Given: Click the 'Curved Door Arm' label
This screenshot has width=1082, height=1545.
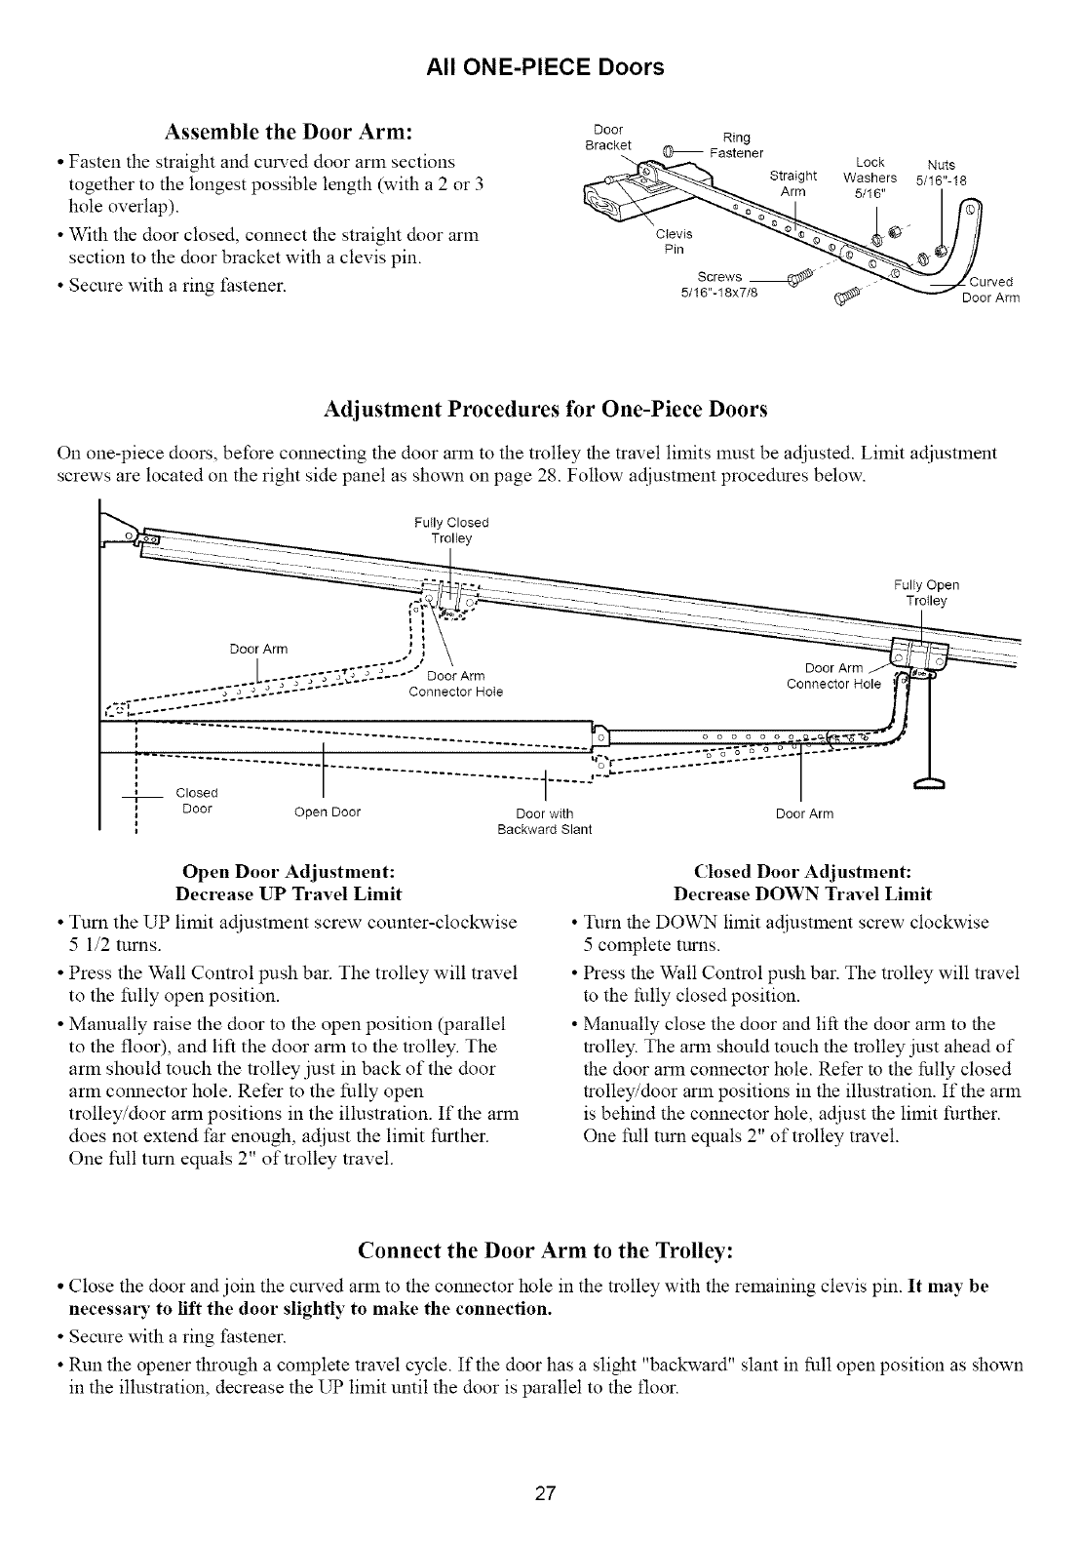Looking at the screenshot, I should tap(989, 292).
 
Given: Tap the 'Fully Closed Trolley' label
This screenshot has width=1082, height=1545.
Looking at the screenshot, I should tap(451, 531).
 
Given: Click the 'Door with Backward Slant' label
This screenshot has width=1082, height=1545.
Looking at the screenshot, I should tap(544, 822).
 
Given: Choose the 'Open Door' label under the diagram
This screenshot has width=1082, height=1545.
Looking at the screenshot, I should tap(328, 814).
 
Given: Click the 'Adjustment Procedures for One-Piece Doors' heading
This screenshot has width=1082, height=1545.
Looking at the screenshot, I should tap(545, 410).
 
